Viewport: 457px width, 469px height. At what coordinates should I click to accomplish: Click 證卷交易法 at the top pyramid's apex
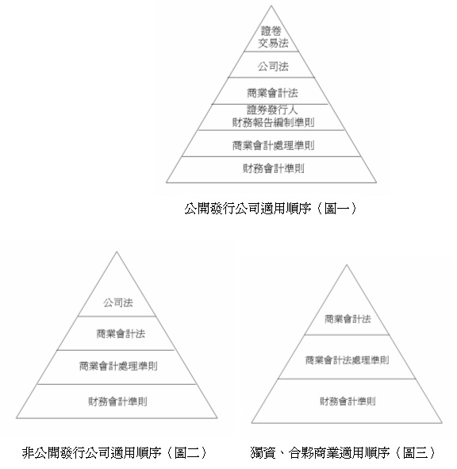tap(273, 37)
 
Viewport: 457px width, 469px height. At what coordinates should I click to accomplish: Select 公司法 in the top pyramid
tap(273, 67)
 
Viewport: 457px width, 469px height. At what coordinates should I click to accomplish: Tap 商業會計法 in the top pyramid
tap(272, 93)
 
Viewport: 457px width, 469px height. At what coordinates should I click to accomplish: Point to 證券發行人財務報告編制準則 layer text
tap(273, 116)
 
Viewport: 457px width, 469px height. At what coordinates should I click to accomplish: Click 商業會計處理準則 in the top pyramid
tap(273, 146)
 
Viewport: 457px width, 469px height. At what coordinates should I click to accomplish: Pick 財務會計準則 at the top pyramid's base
tap(274, 169)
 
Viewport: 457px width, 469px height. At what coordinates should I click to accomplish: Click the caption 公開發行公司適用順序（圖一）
tap(271, 209)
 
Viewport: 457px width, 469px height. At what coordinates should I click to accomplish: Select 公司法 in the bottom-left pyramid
tap(118, 302)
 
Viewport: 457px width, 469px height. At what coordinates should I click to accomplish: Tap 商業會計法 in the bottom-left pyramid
tap(121, 334)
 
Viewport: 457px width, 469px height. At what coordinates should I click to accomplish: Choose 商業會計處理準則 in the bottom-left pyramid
tap(118, 366)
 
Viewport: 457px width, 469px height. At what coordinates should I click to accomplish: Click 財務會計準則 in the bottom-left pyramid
tap(118, 402)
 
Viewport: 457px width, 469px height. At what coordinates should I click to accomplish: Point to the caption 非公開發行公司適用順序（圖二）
tap(115, 452)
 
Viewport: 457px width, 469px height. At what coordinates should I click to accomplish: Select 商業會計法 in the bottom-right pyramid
tap(348, 319)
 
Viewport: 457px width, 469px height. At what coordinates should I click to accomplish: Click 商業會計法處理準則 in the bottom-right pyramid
tap(347, 360)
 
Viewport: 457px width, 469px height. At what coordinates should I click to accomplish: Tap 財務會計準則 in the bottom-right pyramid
tap(348, 401)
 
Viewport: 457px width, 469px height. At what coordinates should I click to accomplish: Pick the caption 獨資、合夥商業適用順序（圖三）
tap(344, 452)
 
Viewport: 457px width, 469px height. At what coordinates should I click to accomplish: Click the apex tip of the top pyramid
tap(271, 6)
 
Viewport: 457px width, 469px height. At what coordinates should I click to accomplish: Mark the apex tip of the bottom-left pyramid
tap(117, 252)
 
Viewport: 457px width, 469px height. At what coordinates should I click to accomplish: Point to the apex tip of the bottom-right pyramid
tap(347, 265)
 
